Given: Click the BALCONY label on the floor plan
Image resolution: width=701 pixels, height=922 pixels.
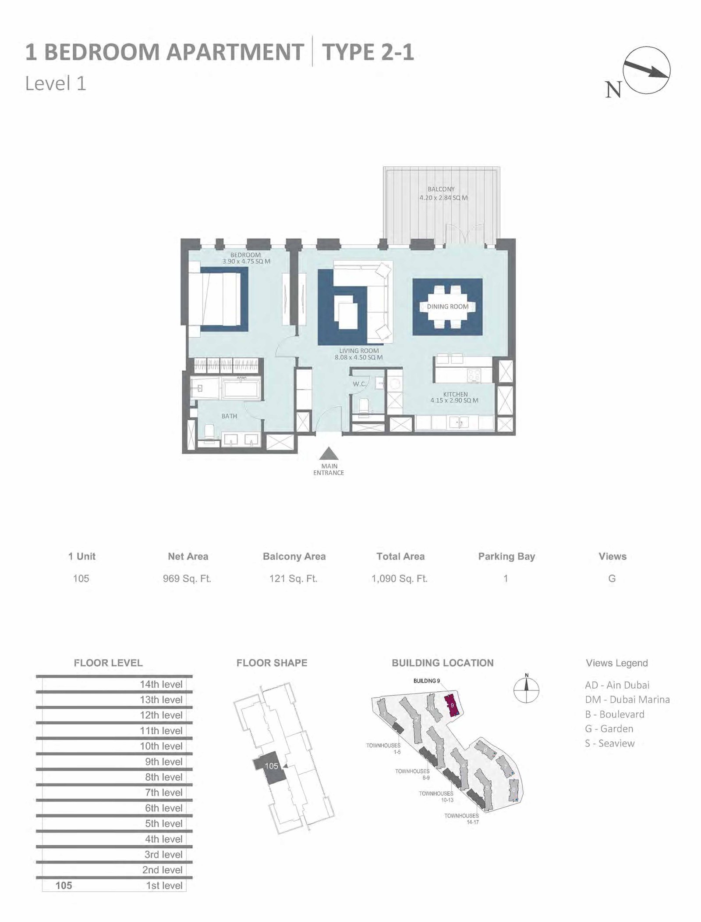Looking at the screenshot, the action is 441,189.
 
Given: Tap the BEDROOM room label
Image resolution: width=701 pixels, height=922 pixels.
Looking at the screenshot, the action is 245,255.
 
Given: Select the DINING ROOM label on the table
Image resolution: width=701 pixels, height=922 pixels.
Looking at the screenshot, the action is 448,307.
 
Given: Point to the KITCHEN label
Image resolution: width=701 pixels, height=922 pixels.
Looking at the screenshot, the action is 455,394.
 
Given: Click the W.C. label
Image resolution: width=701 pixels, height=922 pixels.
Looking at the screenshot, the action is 359,384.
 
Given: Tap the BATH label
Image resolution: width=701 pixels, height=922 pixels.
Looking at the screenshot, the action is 229,416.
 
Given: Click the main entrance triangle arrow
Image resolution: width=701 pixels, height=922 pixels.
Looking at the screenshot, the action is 328,454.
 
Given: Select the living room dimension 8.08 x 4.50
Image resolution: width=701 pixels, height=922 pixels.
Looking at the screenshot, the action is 359,357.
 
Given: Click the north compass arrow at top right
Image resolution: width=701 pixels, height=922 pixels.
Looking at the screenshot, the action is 647,70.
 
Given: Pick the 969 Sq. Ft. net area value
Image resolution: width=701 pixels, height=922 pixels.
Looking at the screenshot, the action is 187,579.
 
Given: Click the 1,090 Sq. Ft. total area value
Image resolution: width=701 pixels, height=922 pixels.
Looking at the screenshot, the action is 400,579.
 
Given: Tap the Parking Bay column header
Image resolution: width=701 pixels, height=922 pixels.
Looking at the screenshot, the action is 506,556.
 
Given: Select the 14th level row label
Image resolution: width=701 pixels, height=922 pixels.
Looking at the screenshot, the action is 161,684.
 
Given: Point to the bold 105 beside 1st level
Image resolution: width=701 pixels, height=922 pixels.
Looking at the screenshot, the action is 64,886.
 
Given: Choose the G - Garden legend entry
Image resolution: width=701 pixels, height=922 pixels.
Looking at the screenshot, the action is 609,729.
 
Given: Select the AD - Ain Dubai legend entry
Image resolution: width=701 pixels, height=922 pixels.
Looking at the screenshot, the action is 617,685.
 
